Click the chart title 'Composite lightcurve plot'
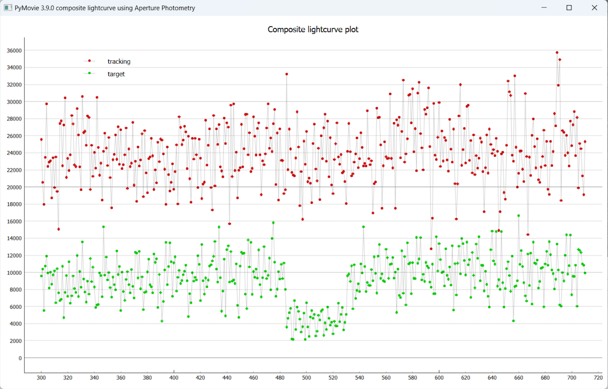click(x=313, y=29)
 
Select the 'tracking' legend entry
click(x=119, y=62)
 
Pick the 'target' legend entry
click(x=116, y=74)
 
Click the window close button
click(x=594, y=8)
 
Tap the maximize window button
click(x=569, y=8)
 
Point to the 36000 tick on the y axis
click(x=13, y=51)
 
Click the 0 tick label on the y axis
click(x=20, y=358)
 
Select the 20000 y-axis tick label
click(x=13, y=187)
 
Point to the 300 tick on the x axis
click(x=41, y=377)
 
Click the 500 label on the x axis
click(x=307, y=377)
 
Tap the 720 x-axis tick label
click(x=599, y=377)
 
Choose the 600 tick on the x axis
click(x=439, y=377)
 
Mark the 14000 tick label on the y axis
click(x=13, y=239)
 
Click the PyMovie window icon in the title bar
click(x=7, y=8)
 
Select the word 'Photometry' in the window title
click(x=178, y=8)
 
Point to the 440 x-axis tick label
click(x=227, y=377)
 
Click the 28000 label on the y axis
click(x=13, y=119)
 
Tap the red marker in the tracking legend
click(x=89, y=61)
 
